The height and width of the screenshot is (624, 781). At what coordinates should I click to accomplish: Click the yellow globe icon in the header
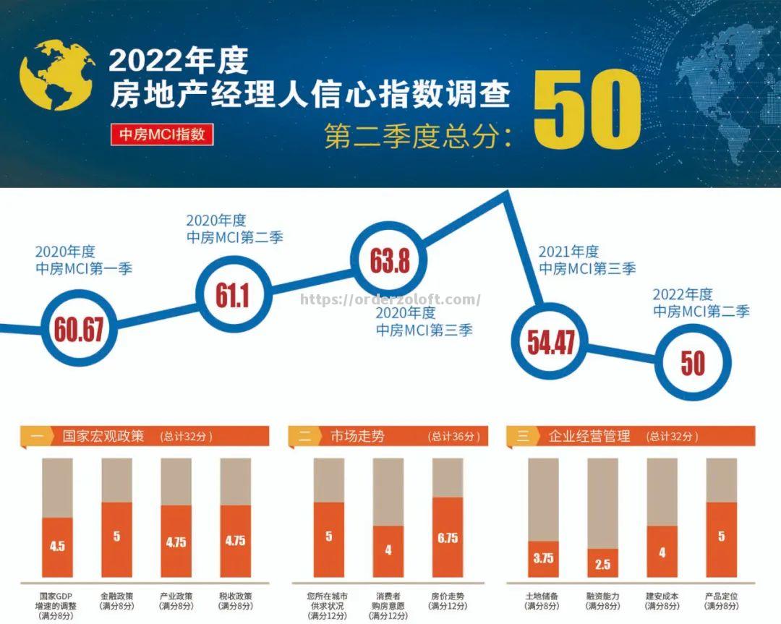[x=56, y=74]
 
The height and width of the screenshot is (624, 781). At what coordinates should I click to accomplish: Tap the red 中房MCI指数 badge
[x=162, y=134]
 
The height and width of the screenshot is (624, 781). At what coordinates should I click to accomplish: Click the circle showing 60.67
[x=78, y=329]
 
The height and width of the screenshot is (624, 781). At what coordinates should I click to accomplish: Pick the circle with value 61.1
[x=231, y=293]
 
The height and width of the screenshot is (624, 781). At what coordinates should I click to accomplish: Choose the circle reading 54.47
[x=551, y=342]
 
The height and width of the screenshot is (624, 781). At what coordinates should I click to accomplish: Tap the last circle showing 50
[x=692, y=362]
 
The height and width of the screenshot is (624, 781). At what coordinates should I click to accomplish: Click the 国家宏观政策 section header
[x=145, y=436]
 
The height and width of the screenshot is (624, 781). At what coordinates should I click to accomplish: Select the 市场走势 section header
[x=388, y=436]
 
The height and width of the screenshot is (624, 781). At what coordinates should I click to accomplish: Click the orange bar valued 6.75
[x=448, y=539]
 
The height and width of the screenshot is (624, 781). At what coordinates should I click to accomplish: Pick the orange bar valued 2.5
[x=602, y=565]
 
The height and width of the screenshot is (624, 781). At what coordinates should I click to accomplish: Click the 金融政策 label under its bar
[x=116, y=601]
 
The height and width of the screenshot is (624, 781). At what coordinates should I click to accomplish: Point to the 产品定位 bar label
[x=721, y=601]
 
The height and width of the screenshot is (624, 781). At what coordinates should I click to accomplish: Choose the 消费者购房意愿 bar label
[x=388, y=606]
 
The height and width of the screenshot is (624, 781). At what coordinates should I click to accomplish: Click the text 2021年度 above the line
[x=568, y=252]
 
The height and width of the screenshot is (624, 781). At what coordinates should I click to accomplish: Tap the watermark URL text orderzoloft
[x=390, y=299]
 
